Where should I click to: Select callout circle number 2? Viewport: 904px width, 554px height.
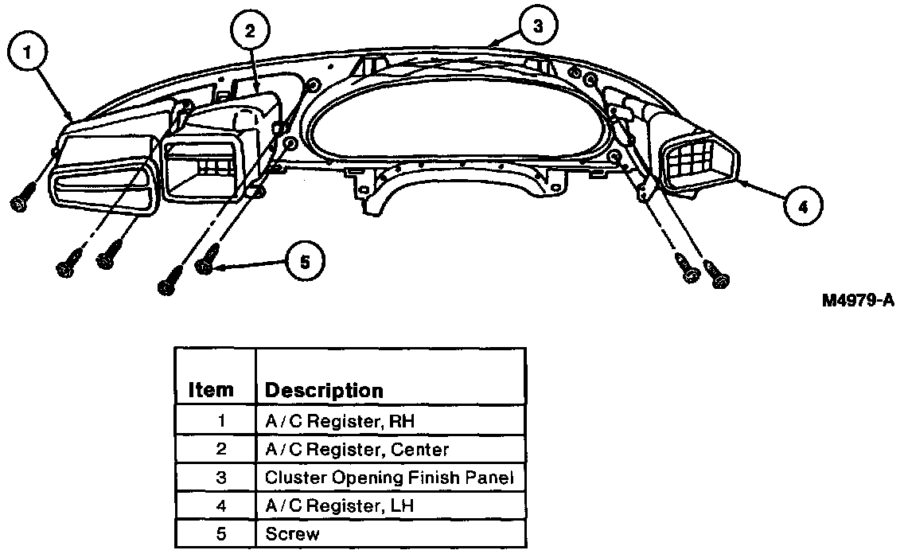(250, 32)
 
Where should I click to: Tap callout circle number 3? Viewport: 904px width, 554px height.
(538, 26)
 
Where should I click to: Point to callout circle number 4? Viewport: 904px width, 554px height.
(803, 207)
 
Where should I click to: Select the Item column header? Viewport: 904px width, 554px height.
(212, 390)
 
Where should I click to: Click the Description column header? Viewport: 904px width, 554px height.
(323, 391)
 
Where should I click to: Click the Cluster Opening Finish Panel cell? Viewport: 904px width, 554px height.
(390, 478)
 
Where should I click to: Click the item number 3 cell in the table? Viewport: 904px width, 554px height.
(221, 478)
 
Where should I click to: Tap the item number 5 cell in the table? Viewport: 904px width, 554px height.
(221, 533)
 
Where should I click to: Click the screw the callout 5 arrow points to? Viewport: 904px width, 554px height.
(206, 262)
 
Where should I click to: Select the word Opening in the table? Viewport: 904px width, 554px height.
(355, 478)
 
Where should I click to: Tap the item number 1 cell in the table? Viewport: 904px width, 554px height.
(221, 420)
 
